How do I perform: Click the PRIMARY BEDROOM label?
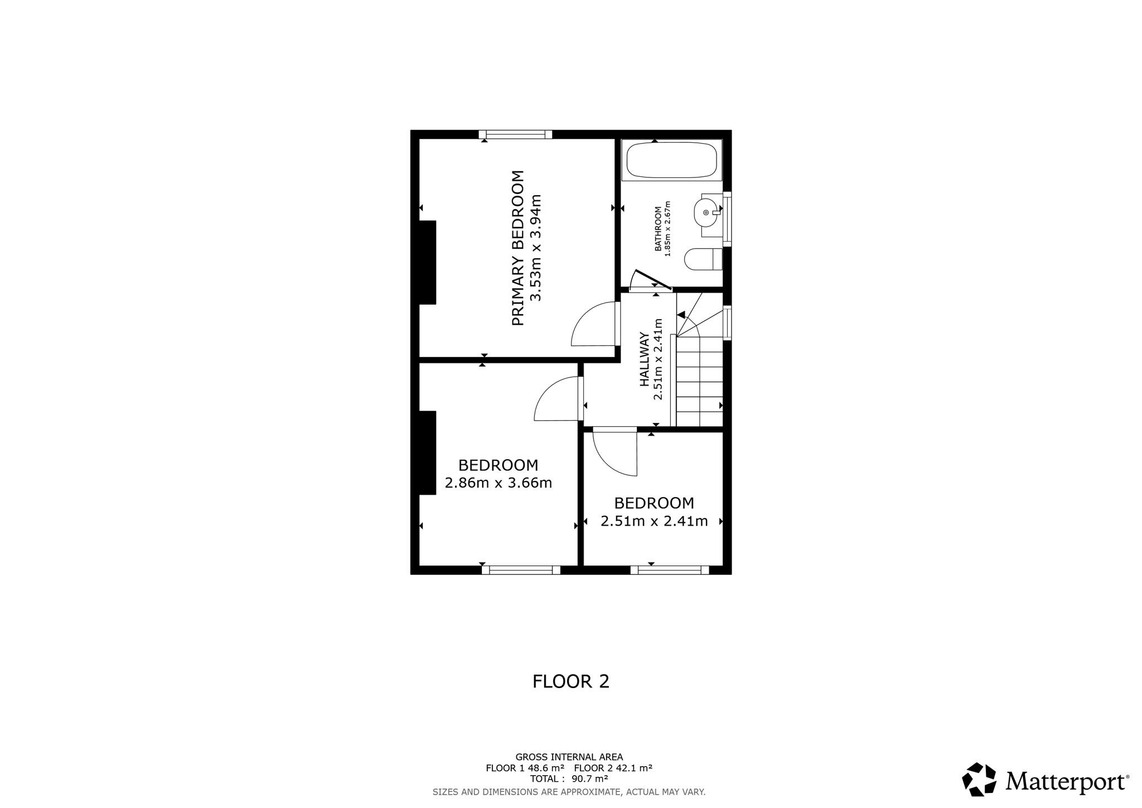pos(518,248)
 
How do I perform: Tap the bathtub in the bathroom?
pos(671,160)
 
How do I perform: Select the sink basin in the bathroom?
pos(706,213)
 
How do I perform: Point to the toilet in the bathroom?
pos(703,259)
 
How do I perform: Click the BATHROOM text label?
pos(658,229)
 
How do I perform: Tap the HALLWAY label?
pos(645,359)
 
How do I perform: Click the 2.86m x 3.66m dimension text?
pos(499,483)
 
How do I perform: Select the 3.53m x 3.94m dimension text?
pos(536,248)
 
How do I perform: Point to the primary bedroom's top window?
pos(515,134)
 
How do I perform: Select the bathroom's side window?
pos(727,219)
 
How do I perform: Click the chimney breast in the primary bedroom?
pos(427,262)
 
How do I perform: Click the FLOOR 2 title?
pos(571,681)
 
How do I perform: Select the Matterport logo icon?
pos(979,779)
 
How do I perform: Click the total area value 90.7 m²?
pos(589,778)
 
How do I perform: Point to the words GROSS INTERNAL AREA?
pos(569,757)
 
